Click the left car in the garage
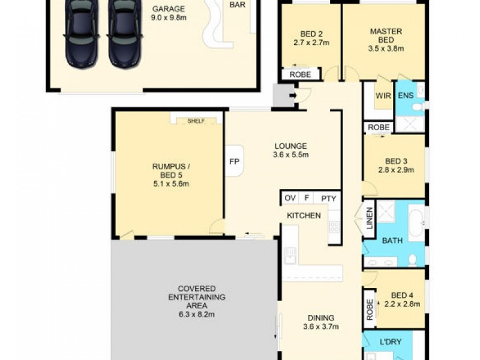tap(82, 33)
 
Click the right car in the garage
tap(125, 33)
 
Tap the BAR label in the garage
tap(236, 4)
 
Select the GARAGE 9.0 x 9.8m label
tap(169, 14)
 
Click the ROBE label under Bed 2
tap(299, 74)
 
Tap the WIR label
tap(383, 95)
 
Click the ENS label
tap(406, 95)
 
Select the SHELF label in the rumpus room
tap(196, 121)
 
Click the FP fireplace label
tap(235, 161)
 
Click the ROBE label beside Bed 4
tap(369, 308)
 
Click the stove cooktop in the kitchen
tap(334, 227)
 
